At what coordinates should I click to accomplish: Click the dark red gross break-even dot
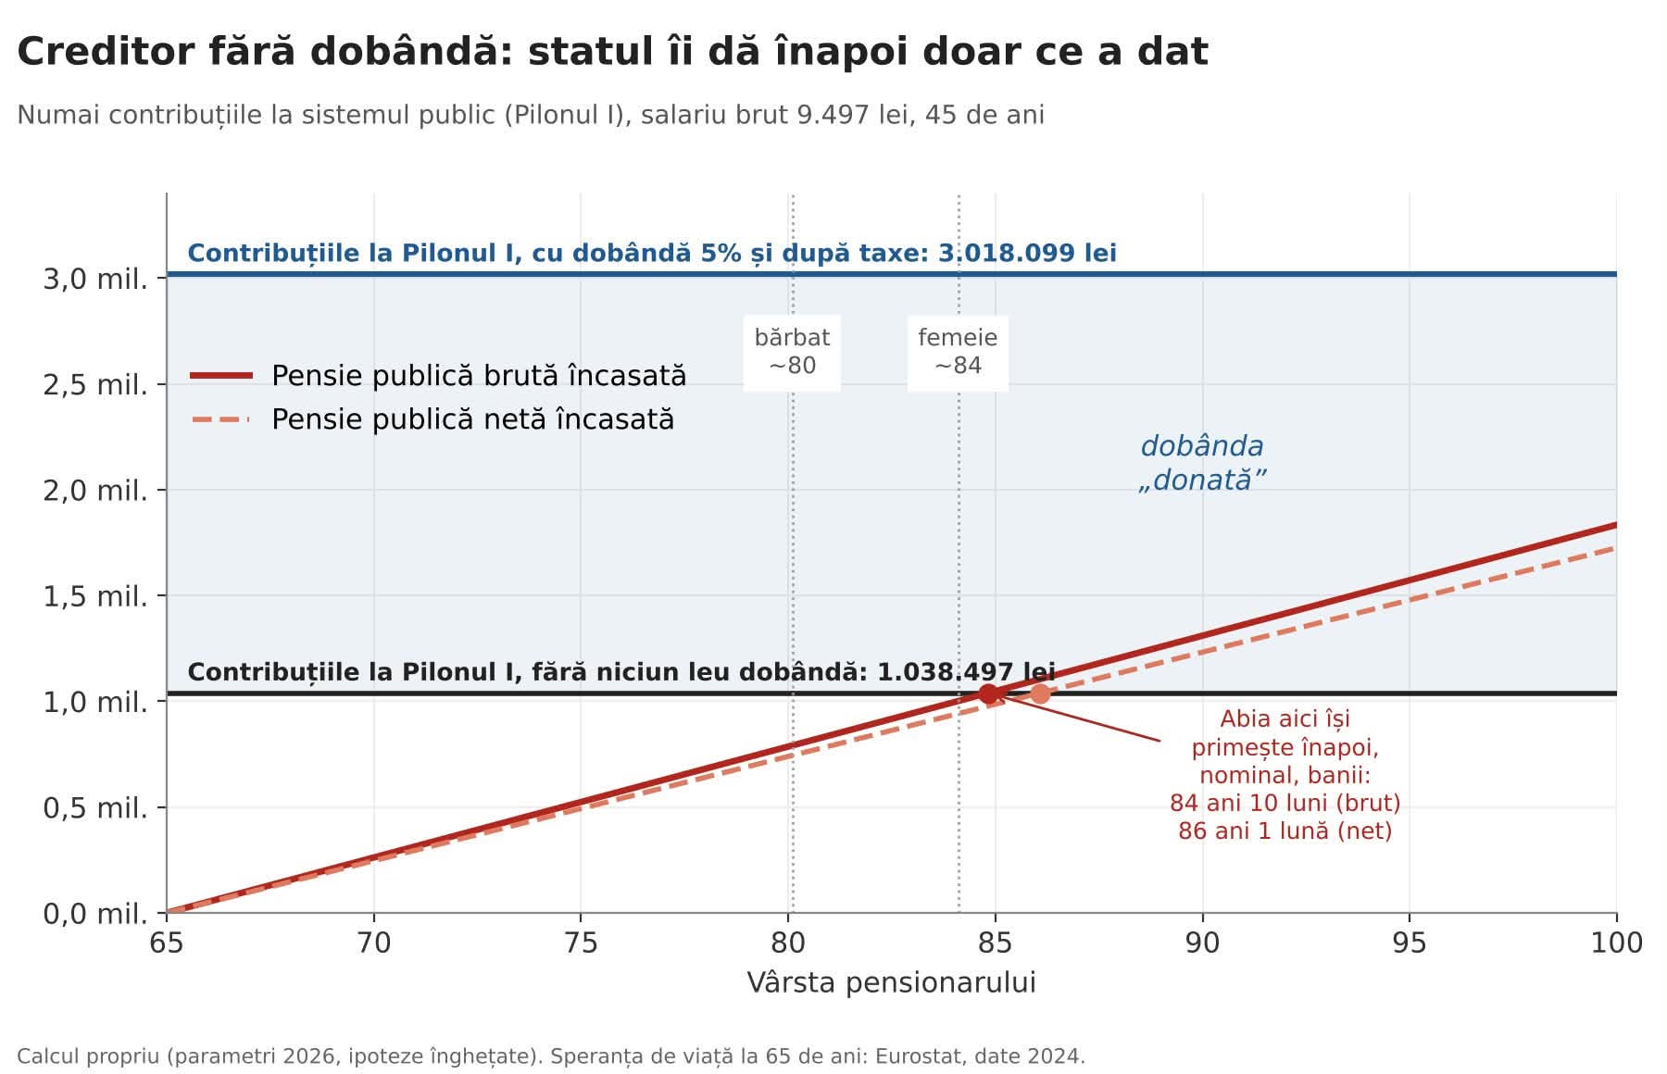pos(988,693)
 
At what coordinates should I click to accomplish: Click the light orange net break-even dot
pos(1040,693)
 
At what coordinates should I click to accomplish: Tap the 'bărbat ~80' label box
pos(792,352)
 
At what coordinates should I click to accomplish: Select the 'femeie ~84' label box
pos(958,352)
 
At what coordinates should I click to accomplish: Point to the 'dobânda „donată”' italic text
pos(1202,463)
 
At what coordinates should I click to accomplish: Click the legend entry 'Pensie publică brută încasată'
pos(438,376)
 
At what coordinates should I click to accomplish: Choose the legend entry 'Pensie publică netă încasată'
pos(432,419)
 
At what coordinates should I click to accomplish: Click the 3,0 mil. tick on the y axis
pos(95,278)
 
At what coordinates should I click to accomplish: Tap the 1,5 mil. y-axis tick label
pos(95,596)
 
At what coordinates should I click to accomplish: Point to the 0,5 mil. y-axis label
pos(95,808)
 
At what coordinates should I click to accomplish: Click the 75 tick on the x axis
pos(581,943)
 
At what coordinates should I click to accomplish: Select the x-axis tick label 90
pos(1202,943)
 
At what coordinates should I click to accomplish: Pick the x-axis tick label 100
pos(1617,943)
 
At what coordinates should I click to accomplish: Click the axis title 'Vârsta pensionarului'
pos(892,982)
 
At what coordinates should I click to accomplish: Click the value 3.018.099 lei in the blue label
pos(1027,253)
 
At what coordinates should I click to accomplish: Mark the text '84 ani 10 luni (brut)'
pos(1285,803)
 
